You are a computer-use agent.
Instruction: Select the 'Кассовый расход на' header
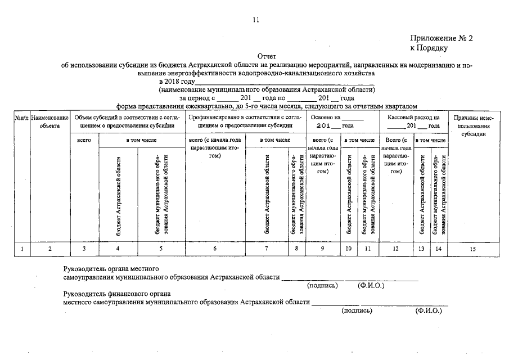(x=413, y=118)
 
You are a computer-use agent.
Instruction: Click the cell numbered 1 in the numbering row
(x=21, y=248)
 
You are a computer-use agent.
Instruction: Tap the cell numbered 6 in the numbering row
(x=215, y=248)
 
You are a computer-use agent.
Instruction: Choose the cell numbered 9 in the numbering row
(x=322, y=248)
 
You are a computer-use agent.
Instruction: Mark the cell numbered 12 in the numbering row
(x=396, y=248)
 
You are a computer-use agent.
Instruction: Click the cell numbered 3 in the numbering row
(x=85, y=248)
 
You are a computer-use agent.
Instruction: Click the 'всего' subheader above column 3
(x=85, y=139)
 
